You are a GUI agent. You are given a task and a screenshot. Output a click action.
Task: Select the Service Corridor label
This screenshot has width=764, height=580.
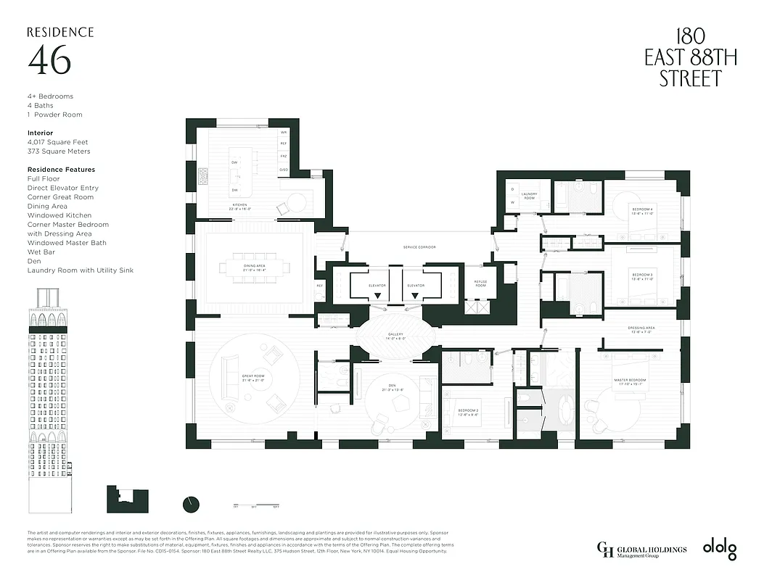point(419,247)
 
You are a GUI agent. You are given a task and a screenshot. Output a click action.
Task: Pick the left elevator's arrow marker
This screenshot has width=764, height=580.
point(377,296)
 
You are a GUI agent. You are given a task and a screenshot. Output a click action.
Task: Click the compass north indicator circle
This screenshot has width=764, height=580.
point(191,504)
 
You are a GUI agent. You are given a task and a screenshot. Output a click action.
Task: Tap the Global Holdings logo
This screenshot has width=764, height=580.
point(641,550)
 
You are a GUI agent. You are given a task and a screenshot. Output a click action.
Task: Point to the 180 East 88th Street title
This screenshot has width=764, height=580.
point(690,59)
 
